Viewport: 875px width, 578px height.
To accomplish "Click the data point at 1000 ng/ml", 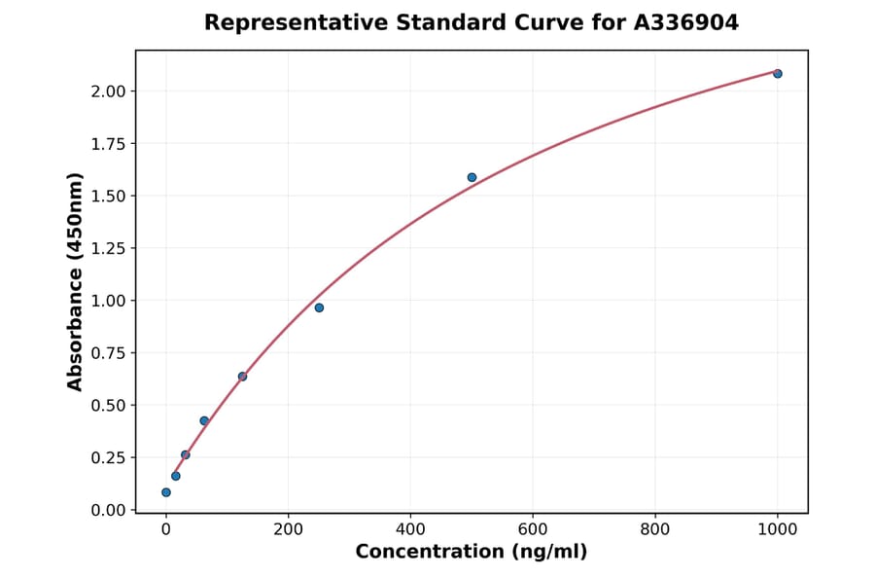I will (x=777, y=74).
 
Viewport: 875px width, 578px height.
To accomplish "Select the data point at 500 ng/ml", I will (x=472, y=177).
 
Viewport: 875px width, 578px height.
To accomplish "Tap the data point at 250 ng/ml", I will (x=319, y=307).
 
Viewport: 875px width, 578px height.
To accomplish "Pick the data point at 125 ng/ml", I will (x=242, y=377).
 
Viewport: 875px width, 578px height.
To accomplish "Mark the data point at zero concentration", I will (x=166, y=492).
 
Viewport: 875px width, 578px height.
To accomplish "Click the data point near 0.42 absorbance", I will (x=204, y=421).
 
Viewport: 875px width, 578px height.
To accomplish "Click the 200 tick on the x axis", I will (x=288, y=530).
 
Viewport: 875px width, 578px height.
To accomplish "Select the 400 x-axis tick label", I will (x=410, y=530).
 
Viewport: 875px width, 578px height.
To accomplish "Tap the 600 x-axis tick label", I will (x=533, y=530).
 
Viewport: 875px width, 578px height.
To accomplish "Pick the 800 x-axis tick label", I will (x=655, y=530).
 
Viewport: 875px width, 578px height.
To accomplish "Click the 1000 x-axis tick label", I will (x=777, y=530).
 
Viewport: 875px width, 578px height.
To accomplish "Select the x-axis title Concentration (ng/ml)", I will (x=472, y=553).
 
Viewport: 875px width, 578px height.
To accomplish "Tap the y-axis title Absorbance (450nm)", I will (x=75, y=281).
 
